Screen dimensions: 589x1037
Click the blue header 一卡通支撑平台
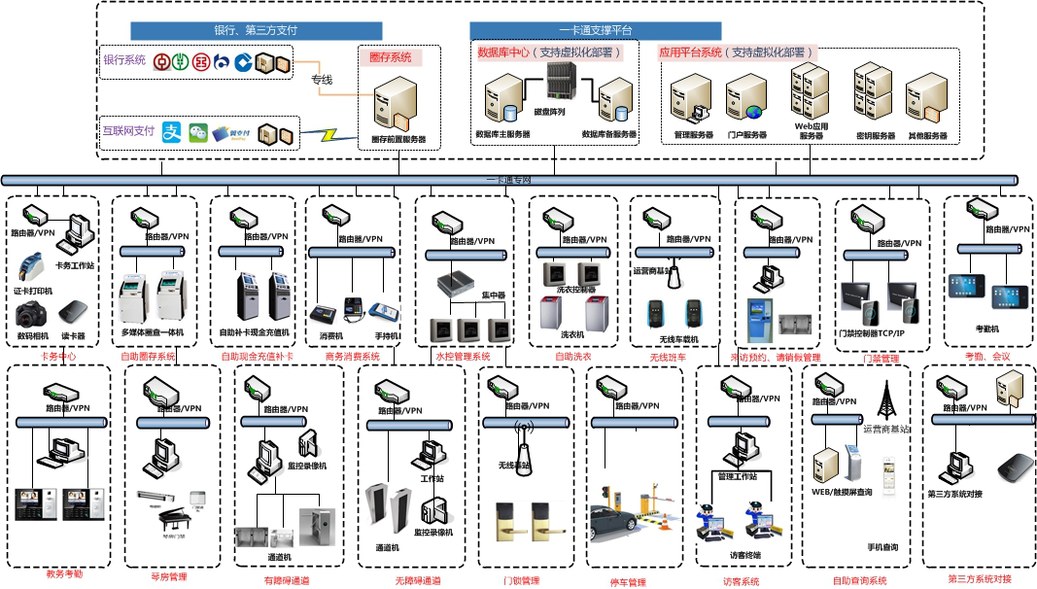click(x=596, y=31)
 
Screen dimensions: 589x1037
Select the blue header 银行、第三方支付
click(x=256, y=31)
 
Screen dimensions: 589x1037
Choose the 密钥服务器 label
click(x=875, y=136)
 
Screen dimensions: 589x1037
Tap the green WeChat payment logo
click(x=199, y=132)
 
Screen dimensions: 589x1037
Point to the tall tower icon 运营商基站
click(x=885, y=399)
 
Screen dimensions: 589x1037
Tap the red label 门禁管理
click(x=881, y=359)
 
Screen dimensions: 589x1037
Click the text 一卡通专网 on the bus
click(x=509, y=180)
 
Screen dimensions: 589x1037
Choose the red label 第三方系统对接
click(x=979, y=579)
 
